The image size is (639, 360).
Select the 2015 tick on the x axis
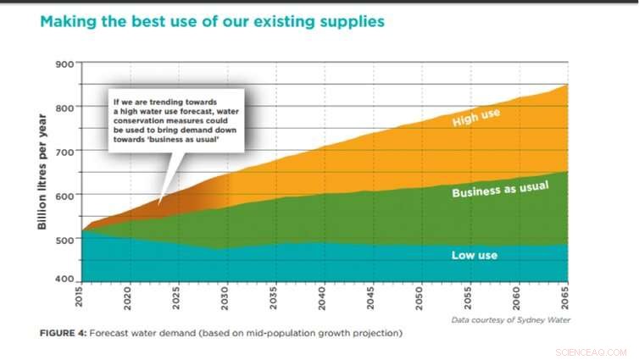[81, 299]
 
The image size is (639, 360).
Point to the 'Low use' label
[475, 254]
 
